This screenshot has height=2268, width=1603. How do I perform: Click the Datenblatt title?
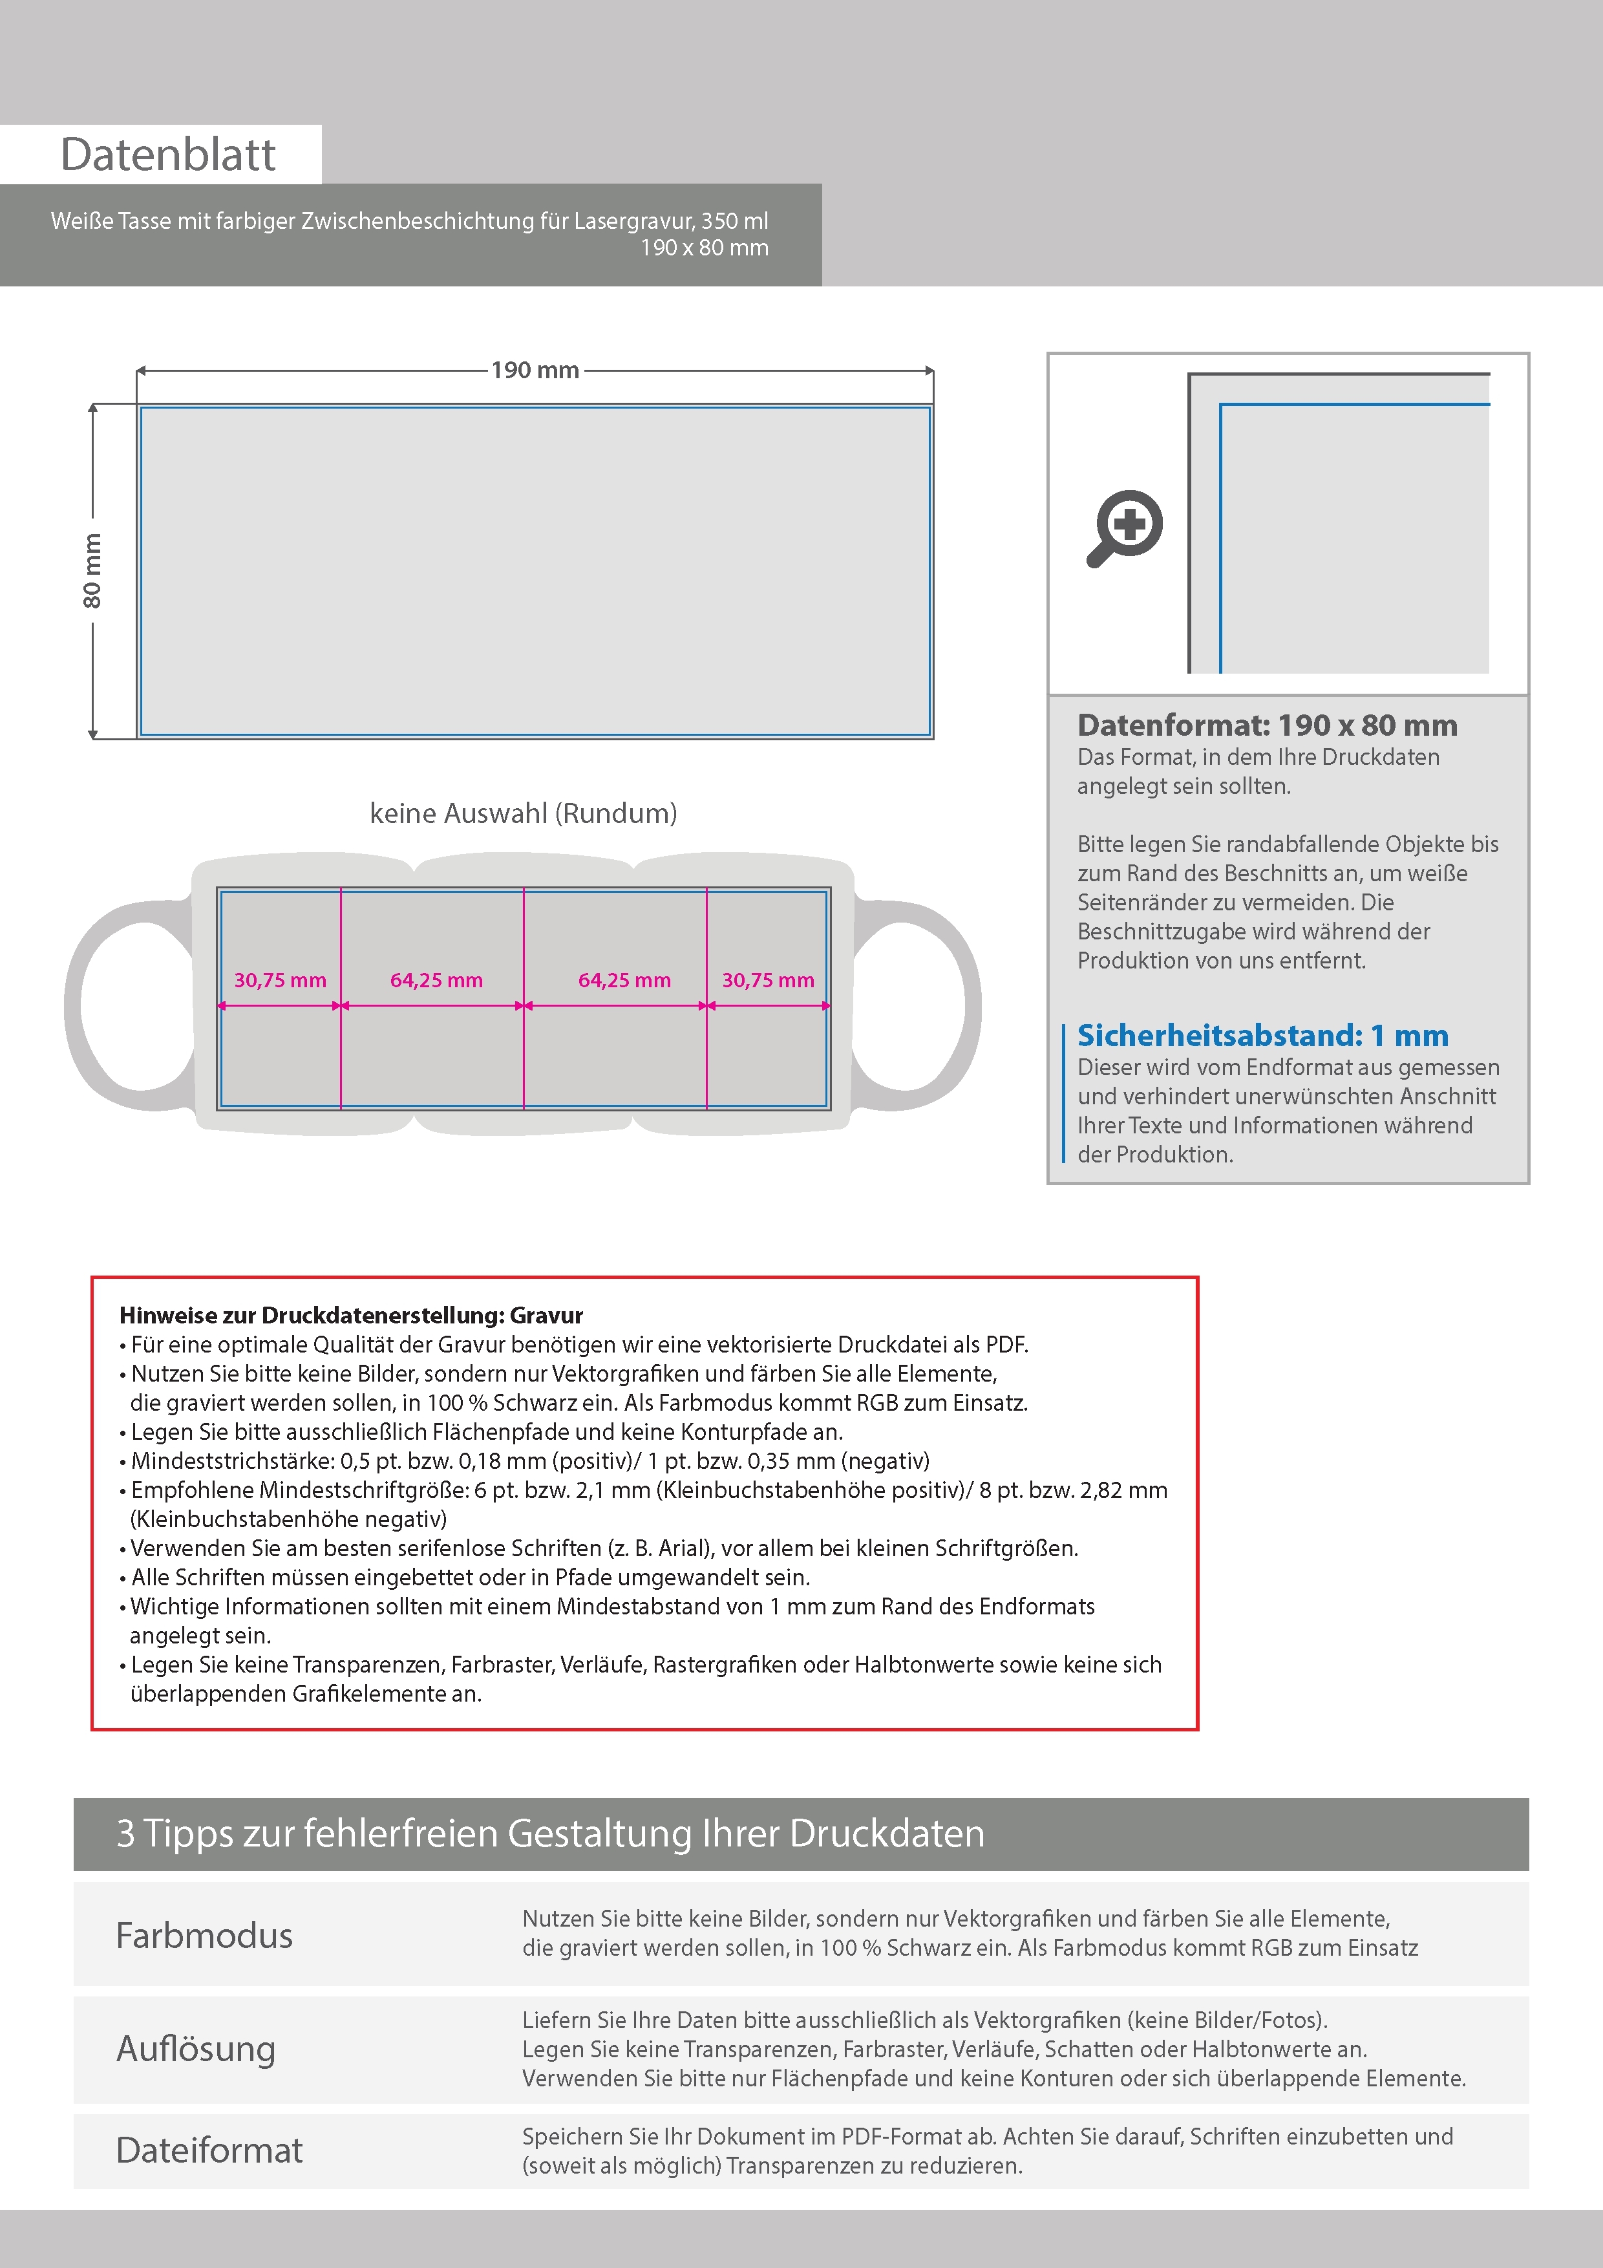tap(168, 155)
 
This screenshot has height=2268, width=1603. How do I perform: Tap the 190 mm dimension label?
tap(535, 370)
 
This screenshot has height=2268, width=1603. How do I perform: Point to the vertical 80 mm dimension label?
tap(92, 571)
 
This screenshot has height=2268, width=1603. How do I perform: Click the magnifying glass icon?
tap(1125, 528)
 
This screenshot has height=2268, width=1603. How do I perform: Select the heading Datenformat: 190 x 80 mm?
tap(1266, 725)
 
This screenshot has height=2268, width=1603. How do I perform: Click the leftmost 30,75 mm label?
tap(279, 980)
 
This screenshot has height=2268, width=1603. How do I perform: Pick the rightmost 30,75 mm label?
tap(767, 980)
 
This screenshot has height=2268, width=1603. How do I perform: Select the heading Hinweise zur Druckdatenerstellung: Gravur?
tap(350, 1315)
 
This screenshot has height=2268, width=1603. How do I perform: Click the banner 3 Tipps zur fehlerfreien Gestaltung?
tap(550, 1834)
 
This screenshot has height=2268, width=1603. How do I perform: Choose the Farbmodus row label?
tap(204, 1935)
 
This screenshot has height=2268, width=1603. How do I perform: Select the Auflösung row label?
tap(196, 2049)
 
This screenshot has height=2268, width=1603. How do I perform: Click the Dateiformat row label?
tap(209, 2150)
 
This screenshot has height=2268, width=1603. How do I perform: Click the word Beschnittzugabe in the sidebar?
tap(1154, 932)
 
